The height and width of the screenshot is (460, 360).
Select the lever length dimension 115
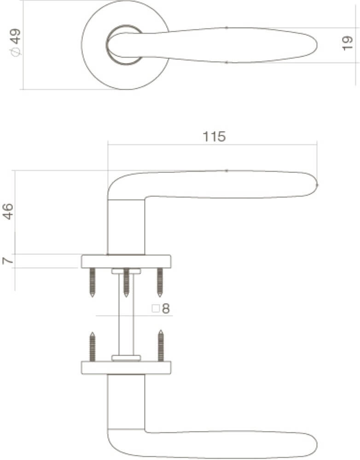tap(214, 137)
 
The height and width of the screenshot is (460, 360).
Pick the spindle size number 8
tap(166, 309)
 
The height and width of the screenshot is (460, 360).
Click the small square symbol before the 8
tap(156, 309)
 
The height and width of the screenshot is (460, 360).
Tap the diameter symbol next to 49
tap(16, 52)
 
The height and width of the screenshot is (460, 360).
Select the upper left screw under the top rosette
tap(93, 282)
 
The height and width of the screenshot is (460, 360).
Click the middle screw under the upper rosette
tap(126, 282)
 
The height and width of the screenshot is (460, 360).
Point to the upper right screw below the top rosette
tap(160, 282)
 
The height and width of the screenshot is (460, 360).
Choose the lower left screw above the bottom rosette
tap(93, 346)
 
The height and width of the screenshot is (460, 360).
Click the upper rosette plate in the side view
tap(126, 261)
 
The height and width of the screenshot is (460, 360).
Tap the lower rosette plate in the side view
tap(126, 368)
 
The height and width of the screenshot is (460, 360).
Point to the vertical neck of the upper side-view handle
tap(126, 225)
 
